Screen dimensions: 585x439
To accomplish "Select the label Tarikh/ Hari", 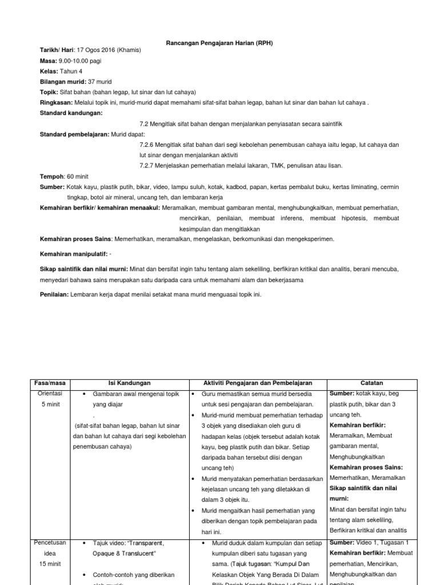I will tap(57, 50).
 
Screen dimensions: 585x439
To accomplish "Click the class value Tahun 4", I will tap(73, 71).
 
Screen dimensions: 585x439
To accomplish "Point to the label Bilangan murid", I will tap(62, 82).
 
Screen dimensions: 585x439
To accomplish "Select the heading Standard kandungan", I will tap(71, 113).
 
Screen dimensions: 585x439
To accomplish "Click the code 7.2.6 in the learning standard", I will tap(147, 145).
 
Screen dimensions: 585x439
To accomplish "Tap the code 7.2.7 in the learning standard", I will tap(147, 165).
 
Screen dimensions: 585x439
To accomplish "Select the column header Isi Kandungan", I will tap(129, 383).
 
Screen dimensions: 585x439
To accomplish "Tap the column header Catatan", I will tap(372, 383).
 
